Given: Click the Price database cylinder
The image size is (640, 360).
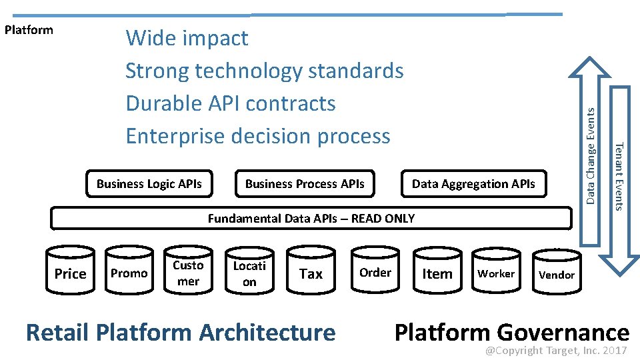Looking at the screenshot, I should click(70, 273).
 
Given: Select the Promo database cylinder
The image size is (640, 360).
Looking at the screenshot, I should click(129, 273).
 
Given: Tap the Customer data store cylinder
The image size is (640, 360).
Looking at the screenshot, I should click(188, 273).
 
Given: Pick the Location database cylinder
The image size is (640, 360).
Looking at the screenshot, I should click(249, 273).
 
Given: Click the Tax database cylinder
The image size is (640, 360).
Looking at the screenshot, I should click(311, 273).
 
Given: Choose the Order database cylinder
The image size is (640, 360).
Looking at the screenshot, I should click(375, 272).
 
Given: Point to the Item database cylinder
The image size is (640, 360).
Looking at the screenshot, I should click(437, 273).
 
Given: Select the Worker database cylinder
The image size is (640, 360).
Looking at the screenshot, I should click(496, 273).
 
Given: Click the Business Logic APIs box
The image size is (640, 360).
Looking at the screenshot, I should click(149, 184).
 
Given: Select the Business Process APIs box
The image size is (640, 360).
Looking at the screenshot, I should click(305, 184).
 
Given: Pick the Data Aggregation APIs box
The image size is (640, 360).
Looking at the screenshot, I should click(473, 184).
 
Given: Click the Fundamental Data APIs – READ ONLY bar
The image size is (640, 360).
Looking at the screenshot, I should click(311, 218).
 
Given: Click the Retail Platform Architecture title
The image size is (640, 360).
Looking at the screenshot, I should click(181, 331).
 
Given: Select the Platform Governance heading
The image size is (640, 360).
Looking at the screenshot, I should click(511, 331).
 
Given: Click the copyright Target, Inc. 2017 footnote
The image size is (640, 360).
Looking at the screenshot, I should click(556, 351).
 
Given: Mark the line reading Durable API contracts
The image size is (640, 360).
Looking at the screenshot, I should click(231, 103).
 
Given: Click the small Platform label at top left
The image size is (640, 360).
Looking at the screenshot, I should click(29, 30).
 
